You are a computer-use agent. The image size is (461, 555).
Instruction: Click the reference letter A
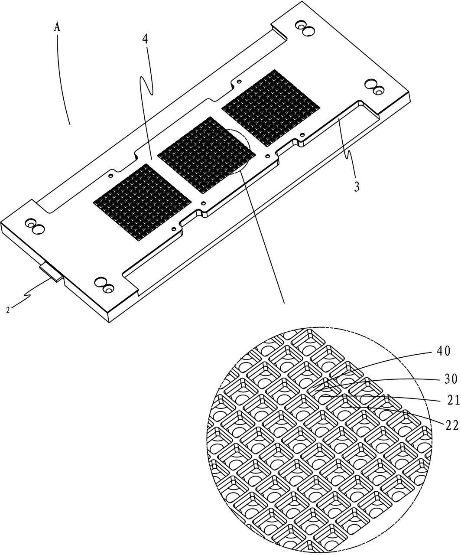pos(57,27)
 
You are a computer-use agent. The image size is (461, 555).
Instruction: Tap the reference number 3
pos(357,186)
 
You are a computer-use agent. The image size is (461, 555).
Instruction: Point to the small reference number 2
pos(8,310)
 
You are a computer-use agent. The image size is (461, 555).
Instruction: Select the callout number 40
pos(443,351)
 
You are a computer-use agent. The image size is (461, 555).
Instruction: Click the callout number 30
pos(451,379)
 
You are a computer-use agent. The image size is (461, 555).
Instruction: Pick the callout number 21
pos(453,401)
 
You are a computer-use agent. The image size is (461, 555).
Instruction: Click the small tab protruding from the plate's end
pos(51,272)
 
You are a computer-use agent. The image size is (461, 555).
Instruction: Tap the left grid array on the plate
pos(143,202)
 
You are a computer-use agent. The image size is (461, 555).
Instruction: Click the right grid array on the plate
pos(271,108)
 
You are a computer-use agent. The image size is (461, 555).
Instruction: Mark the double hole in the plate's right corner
pos(374,87)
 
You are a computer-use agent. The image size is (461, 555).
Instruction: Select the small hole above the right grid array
pos(239,81)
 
